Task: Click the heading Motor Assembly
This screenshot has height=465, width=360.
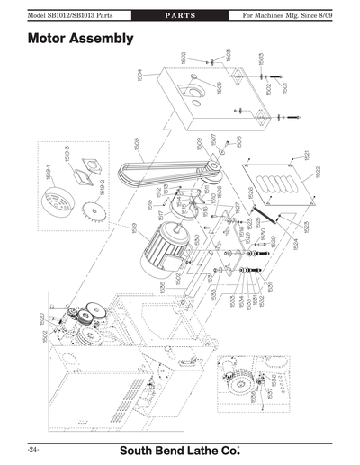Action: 81,39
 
